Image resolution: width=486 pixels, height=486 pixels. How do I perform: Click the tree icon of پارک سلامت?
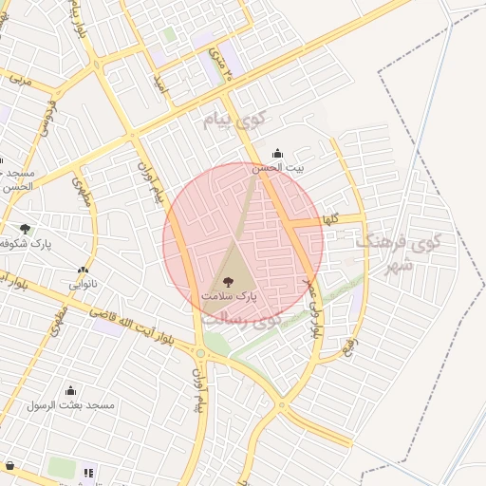(x=227, y=281)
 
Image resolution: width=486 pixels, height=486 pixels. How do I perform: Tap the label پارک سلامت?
(x=228, y=297)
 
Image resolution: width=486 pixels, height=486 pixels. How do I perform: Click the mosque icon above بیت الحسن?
(x=277, y=153)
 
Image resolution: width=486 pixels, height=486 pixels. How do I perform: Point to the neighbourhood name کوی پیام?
(x=236, y=121)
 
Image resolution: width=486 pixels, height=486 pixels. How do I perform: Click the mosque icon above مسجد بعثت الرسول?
(x=69, y=390)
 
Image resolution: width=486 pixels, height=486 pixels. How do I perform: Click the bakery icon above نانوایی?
(x=84, y=270)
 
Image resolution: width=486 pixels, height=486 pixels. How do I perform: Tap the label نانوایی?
(x=84, y=284)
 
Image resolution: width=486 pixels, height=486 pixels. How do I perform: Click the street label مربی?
(x=21, y=79)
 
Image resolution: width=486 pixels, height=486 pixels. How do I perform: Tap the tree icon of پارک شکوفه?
(x=25, y=229)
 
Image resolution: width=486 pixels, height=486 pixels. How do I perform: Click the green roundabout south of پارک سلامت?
(x=200, y=353)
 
